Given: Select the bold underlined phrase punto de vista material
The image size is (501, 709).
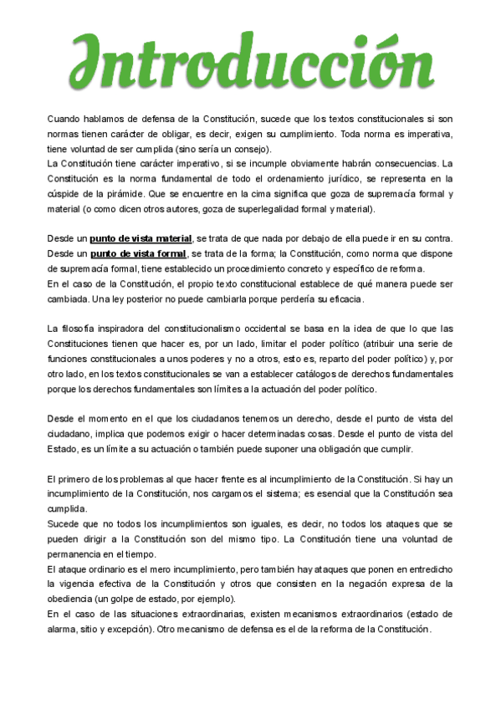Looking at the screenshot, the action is click(141, 239).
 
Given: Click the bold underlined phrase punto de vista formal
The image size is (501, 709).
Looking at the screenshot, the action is click(139, 254).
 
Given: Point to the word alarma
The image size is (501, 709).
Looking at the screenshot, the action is click(63, 628).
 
